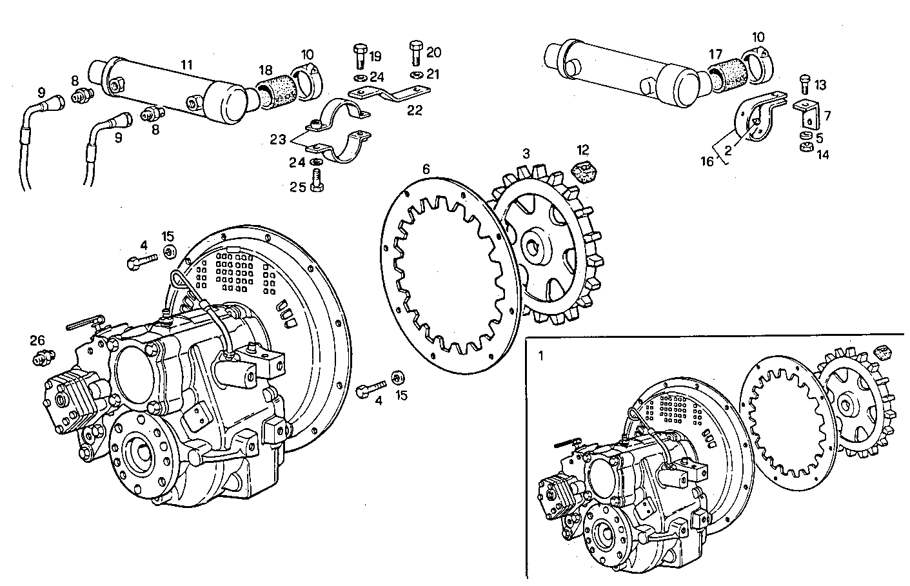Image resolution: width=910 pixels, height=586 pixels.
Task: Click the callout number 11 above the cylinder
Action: [x=186, y=65]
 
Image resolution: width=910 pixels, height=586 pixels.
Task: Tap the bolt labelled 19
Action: [x=359, y=59]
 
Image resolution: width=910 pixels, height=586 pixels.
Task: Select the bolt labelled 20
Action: [x=416, y=54]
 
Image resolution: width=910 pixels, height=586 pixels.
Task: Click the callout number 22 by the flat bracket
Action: [x=414, y=110]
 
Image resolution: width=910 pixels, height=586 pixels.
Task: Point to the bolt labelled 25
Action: [x=316, y=178]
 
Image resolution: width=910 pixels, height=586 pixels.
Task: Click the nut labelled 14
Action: [x=805, y=147]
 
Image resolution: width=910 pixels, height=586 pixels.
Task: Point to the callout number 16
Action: [x=707, y=161]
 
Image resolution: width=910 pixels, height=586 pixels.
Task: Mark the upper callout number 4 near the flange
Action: [x=144, y=246]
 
